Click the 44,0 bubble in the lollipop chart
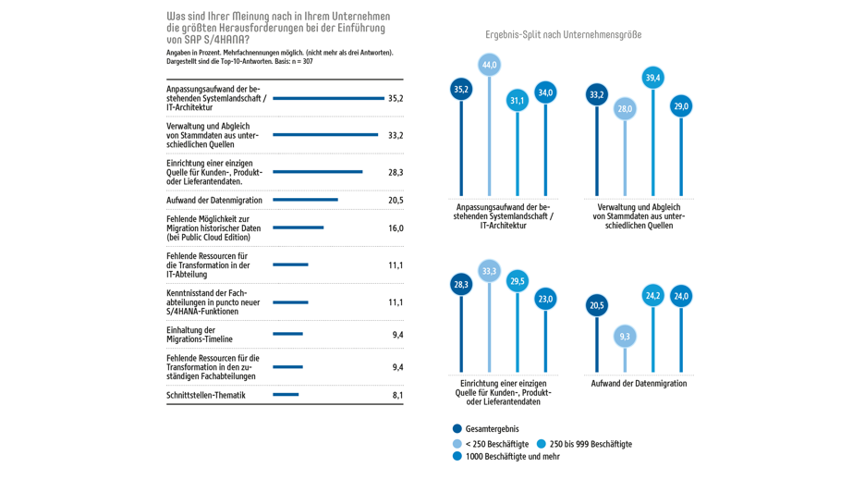489,65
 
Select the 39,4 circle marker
653,78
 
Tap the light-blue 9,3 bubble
625,337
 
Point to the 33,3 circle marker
489,271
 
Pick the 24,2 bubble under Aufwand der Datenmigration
653,296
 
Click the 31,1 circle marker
518,100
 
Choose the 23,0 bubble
545,299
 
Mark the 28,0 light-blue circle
625,109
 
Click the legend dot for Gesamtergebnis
457,429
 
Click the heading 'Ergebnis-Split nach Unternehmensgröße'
563,35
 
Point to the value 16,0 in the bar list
396,228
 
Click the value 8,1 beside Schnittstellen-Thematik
397,396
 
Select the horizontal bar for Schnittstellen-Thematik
286,395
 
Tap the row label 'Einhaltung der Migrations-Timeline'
200,335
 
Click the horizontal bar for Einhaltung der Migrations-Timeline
287,334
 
